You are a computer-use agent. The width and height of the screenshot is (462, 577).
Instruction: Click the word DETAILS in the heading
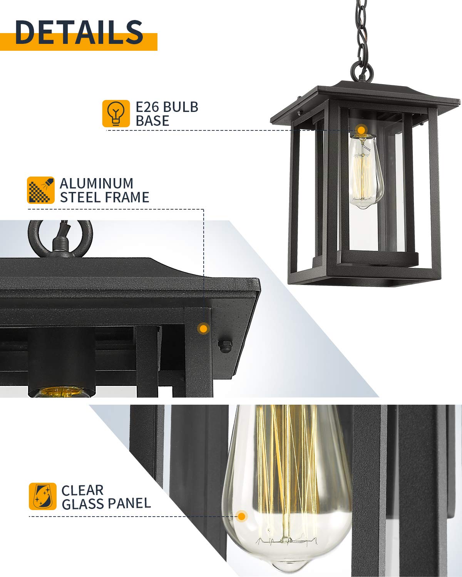coord(79,32)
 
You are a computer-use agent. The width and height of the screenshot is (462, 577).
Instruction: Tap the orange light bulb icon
coord(116,113)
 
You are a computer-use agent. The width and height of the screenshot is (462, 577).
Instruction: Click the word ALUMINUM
coord(96,183)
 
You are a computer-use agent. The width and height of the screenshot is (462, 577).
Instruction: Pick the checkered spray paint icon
coord(41,190)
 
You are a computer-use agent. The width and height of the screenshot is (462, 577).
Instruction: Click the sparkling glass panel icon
coord(42,497)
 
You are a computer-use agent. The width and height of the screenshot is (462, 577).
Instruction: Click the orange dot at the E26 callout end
coord(362,130)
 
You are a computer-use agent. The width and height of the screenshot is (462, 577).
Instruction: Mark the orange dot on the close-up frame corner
coord(204,329)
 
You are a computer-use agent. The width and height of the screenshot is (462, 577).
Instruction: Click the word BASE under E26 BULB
coord(152,121)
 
